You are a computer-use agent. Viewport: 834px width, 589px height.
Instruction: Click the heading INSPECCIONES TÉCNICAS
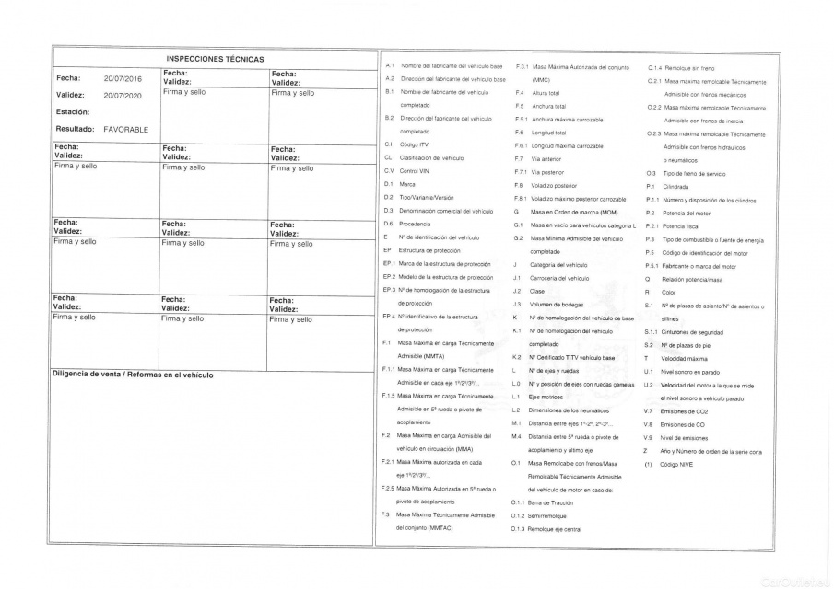point(215,59)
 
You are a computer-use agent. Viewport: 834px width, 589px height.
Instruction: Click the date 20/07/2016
point(123,79)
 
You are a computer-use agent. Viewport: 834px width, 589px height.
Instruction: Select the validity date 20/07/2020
point(123,95)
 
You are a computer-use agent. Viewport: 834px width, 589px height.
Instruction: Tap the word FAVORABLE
point(126,129)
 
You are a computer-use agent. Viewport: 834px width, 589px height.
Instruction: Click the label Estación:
point(73,112)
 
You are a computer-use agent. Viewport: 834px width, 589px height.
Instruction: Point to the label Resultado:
point(76,129)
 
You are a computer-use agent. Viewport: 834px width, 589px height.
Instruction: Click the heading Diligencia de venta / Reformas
point(133,375)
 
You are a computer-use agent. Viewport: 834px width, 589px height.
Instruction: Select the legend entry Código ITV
point(414,144)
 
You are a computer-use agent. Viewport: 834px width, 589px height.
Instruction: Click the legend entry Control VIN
point(414,171)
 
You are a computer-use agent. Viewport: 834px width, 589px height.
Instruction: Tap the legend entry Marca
point(407,184)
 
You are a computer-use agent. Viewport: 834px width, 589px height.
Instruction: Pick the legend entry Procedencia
point(417,224)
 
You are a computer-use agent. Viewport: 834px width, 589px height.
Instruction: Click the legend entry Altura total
point(546,93)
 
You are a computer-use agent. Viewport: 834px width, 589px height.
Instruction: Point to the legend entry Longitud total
point(548,133)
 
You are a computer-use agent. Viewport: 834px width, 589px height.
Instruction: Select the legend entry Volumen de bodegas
point(557,304)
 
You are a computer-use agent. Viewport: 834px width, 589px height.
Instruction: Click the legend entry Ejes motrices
point(546,397)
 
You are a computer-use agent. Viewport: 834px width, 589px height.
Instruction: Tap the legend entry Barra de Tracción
point(557,503)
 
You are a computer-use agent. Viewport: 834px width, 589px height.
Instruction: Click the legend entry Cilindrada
point(675,186)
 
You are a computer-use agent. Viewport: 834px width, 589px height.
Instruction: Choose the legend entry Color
point(668,292)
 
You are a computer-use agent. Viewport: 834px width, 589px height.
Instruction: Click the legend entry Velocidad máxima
point(684,358)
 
